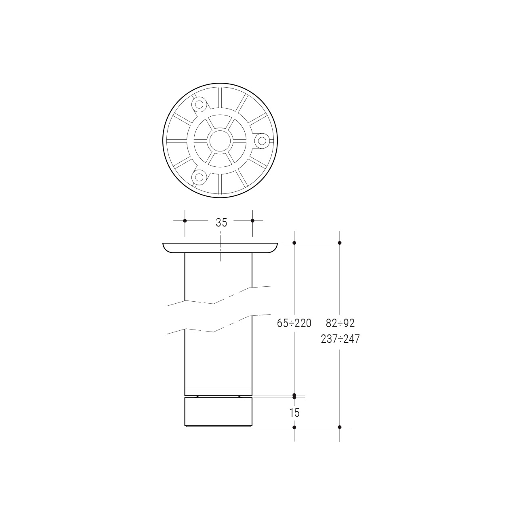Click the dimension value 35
[221, 223]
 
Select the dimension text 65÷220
[294, 323]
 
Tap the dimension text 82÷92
[340, 323]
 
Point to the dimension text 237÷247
[340, 339]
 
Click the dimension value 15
[294, 413]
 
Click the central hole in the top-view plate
[220, 141]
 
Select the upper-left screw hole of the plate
[199, 104]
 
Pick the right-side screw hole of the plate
[262, 141]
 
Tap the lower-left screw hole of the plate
[199, 177]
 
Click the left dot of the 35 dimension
[185, 220]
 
